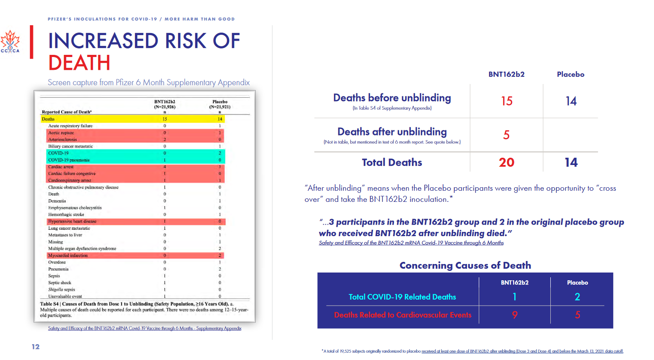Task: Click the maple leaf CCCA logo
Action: tap(10, 42)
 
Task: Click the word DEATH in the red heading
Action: tap(79, 63)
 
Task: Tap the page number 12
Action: tap(36, 347)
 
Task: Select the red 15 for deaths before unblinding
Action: tap(507, 101)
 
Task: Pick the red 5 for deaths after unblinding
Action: tap(506, 135)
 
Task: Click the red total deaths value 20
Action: tap(506, 162)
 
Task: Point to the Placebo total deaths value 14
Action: tap(571, 162)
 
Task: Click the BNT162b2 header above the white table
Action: tap(506, 74)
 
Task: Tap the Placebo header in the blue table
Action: tap(577, 282)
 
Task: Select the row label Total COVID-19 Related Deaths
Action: tap(402, 297)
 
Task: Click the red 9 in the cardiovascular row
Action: tap(515, 315)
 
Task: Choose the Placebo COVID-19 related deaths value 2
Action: tap(577, 297)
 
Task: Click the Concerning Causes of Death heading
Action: tap(465, 265)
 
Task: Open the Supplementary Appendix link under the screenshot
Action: tap(145, 328)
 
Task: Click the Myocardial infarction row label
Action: tap(68, 255)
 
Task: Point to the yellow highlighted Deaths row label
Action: tap(48, 119)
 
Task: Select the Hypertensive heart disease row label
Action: tap(72, 222)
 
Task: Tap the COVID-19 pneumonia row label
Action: tap(69, 160)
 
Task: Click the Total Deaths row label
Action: tap(392, 162)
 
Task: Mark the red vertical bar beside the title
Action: tap(32, 42)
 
